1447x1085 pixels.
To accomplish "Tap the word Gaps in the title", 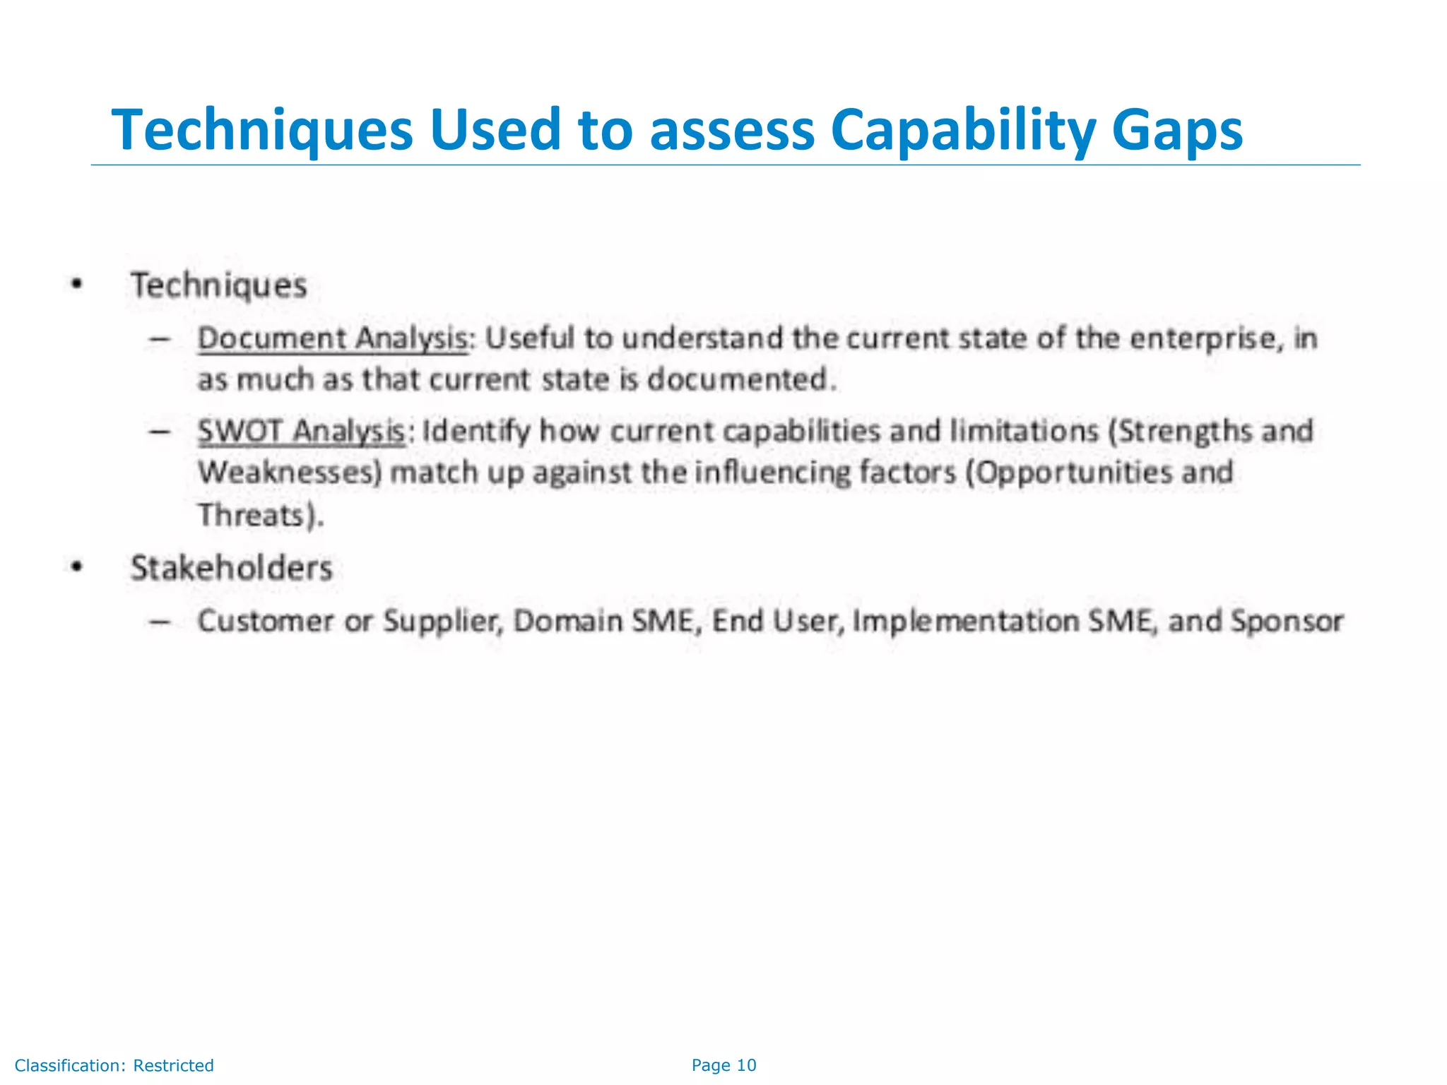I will pyautogui.click(x=1176, y=131).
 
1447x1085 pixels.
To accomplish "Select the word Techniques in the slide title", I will pyautogui.click(x=261, y=131).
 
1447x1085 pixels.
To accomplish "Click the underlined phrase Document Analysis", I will pyautogui.click(x=332, y=338).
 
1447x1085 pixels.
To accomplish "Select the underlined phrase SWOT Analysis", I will pyautogui.click(x=301, y=431).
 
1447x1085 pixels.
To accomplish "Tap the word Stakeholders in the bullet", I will pyautogui.click(x=231, y=568).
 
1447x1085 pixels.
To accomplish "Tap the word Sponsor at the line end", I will pyautogui.click(x=1287, y=622).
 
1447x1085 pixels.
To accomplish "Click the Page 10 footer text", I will pyautogui.click(x=723, y=1065).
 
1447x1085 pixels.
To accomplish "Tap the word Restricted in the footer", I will pyautogui.click(x=173, y=1065).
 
